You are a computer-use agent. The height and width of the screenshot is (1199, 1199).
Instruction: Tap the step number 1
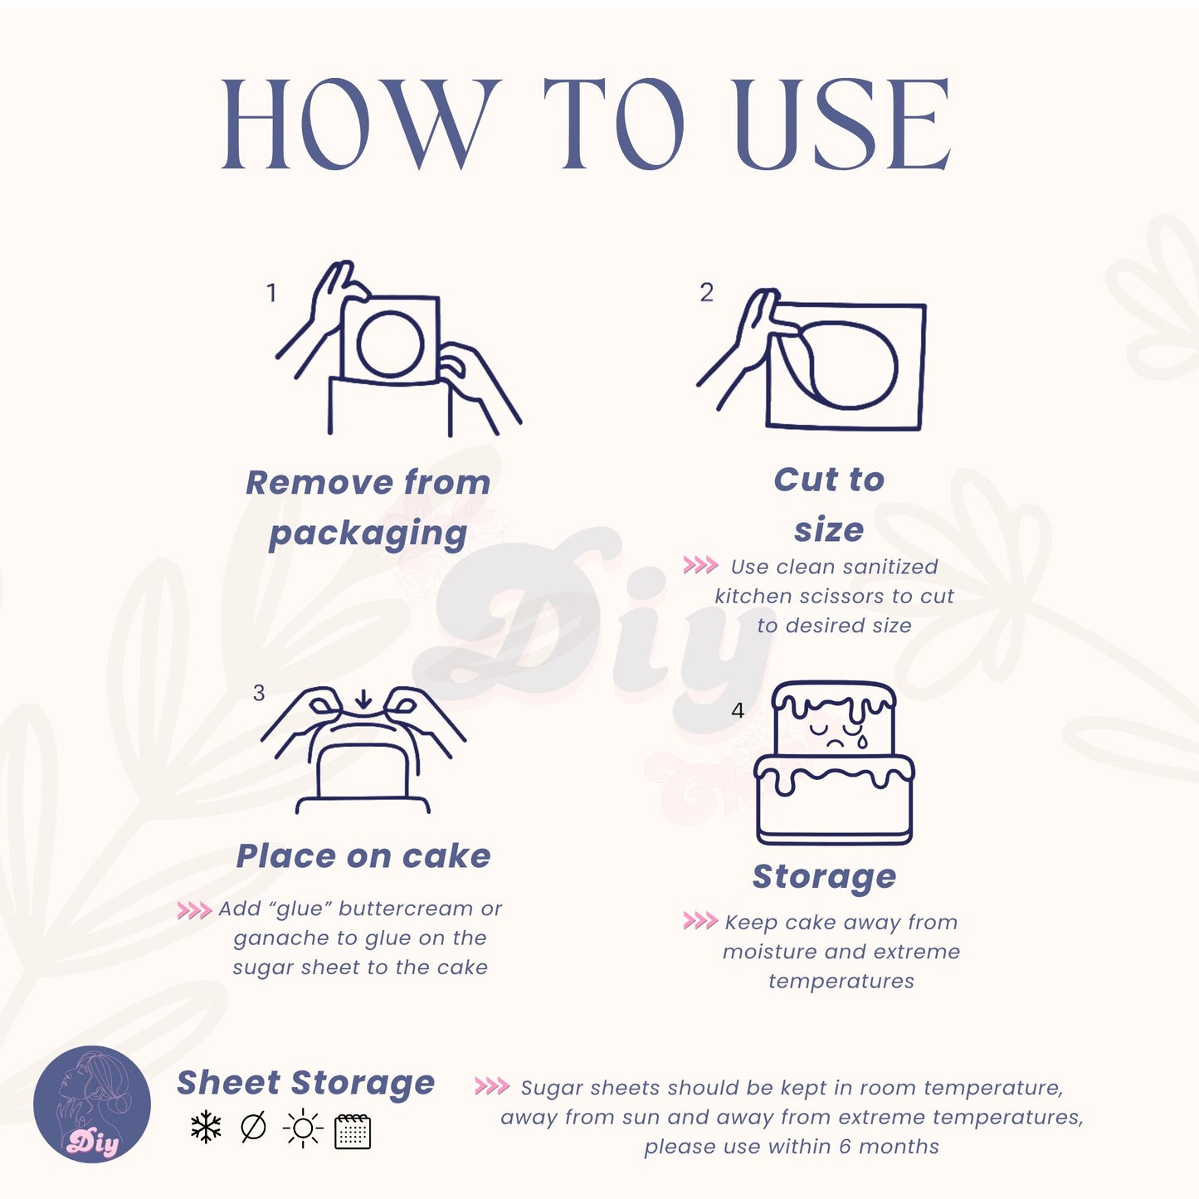click(x=271, y=292)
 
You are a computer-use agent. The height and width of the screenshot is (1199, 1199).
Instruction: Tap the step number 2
click(x=706, y=292)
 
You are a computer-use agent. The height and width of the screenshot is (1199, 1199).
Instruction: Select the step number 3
click(x=259, y=693)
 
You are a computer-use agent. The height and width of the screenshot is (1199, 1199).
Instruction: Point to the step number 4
click(x=738, y=710)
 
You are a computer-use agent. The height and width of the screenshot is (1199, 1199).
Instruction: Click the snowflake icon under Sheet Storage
click(x=206, y=1128)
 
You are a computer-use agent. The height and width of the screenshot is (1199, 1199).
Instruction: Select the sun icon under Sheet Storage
click(x=303, y=1128)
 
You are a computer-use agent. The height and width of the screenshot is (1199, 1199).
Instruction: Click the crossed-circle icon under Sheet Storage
click(x=253, y=1127)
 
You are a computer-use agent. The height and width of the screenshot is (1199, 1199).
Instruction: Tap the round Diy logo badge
click(x=92, y=1104)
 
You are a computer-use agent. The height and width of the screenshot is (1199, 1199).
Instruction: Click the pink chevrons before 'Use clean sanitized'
click(x=700, y=565)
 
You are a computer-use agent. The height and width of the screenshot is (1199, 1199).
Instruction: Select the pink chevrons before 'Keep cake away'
click(x=700, y=920)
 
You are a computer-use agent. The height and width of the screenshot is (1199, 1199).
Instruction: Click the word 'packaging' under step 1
click(x=368, y=534)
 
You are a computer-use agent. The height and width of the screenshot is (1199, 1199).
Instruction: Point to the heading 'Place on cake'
click(x=363, y=856)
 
